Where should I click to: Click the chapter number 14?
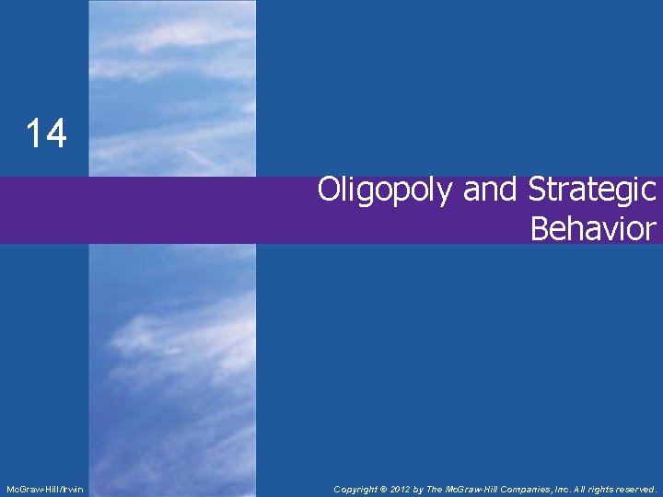point(46,134)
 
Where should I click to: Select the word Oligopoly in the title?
point(386,191)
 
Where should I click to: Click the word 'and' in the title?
point(492,190)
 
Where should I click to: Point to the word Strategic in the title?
point(592,190)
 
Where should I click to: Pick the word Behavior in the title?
point(593,228)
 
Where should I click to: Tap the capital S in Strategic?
point(539,190)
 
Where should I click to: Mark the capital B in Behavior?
point(541,228)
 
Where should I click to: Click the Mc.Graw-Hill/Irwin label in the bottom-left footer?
point(44,489)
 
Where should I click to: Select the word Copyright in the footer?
point(355,489)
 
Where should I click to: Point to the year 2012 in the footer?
point(400,489)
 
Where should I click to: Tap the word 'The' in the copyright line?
point(439,489)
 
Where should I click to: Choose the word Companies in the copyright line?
point(530,489)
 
